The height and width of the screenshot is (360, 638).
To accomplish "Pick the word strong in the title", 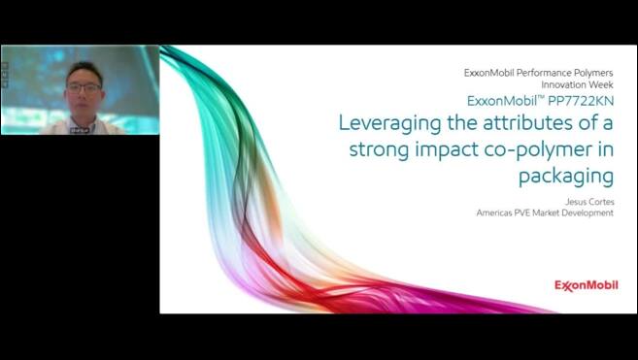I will tap(377, 151).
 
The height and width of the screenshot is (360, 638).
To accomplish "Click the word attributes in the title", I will tap(522, 124).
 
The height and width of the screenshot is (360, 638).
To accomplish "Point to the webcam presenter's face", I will tap(84, 92).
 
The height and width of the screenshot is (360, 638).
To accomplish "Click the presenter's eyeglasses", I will tap(84, 88).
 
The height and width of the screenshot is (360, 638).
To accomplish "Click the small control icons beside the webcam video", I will tap(5, 74).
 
